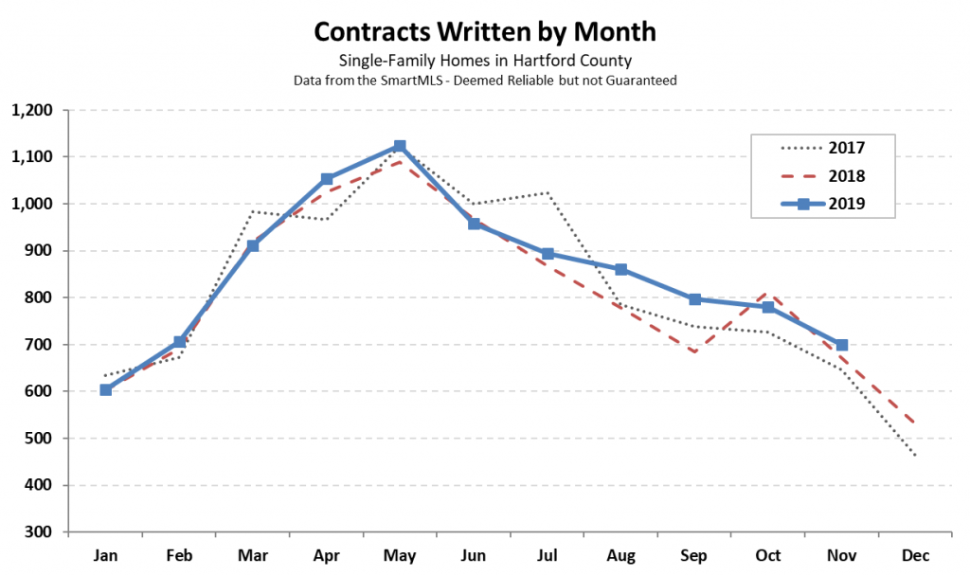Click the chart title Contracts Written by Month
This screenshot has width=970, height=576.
pos(484,31)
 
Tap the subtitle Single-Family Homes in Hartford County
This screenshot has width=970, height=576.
pos(484,62)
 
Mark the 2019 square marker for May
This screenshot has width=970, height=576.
pos(400,147)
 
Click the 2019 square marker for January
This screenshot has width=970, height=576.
pos(105,389)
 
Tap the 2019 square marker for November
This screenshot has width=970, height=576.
pos(841,345)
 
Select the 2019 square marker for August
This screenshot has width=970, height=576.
pos(620,269)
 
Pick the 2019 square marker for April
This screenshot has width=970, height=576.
pos(327,179)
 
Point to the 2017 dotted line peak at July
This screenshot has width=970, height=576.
pos(547,193)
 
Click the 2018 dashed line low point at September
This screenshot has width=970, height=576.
pos(694,351)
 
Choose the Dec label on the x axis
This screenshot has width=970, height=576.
pos(915,555)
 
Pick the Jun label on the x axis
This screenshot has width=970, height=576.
pos(474,555)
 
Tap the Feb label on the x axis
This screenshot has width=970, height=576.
pos(179,555)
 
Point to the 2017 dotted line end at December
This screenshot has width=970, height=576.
pos(915,456)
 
